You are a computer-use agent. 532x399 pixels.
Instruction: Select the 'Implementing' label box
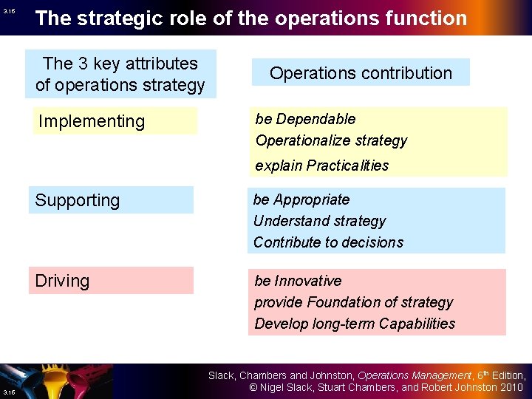click(x=115, y=121)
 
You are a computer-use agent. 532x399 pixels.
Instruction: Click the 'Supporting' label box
click(x=111, y=200)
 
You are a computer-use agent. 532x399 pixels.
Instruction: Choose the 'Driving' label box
click(x=111, y=281)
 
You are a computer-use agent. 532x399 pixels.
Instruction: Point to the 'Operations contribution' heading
click(x=361, y=73)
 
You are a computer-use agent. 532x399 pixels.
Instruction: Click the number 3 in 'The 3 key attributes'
click(x=80, y=64)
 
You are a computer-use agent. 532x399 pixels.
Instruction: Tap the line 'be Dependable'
click(x=305, y=119)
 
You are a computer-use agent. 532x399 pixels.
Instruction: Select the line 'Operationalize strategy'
click(x=331, y=140)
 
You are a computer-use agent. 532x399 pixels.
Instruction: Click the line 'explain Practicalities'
click(x=321, y=166)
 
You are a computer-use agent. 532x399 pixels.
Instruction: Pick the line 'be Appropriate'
click(x=301, y=199)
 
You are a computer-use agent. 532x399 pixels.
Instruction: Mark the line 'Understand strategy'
click(x=319, y=221)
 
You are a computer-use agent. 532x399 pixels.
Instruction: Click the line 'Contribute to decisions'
click(x=328, y=242)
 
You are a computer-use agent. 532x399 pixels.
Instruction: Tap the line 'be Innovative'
click(x=298, y=281)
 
